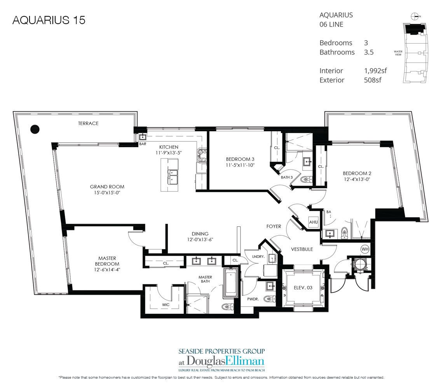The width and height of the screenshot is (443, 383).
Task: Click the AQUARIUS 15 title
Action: [x=49, y=20]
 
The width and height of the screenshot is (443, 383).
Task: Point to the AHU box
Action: [x=313, y=222]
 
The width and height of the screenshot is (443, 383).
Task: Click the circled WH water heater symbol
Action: [x=365, y=248]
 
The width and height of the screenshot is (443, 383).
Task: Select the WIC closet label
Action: [x=166, y=305]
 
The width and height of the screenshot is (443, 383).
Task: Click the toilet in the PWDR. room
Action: [x=269, y=299]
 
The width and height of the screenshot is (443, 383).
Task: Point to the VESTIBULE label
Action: [x=302, y=249]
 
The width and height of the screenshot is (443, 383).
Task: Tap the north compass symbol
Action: [x=415, y=16]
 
